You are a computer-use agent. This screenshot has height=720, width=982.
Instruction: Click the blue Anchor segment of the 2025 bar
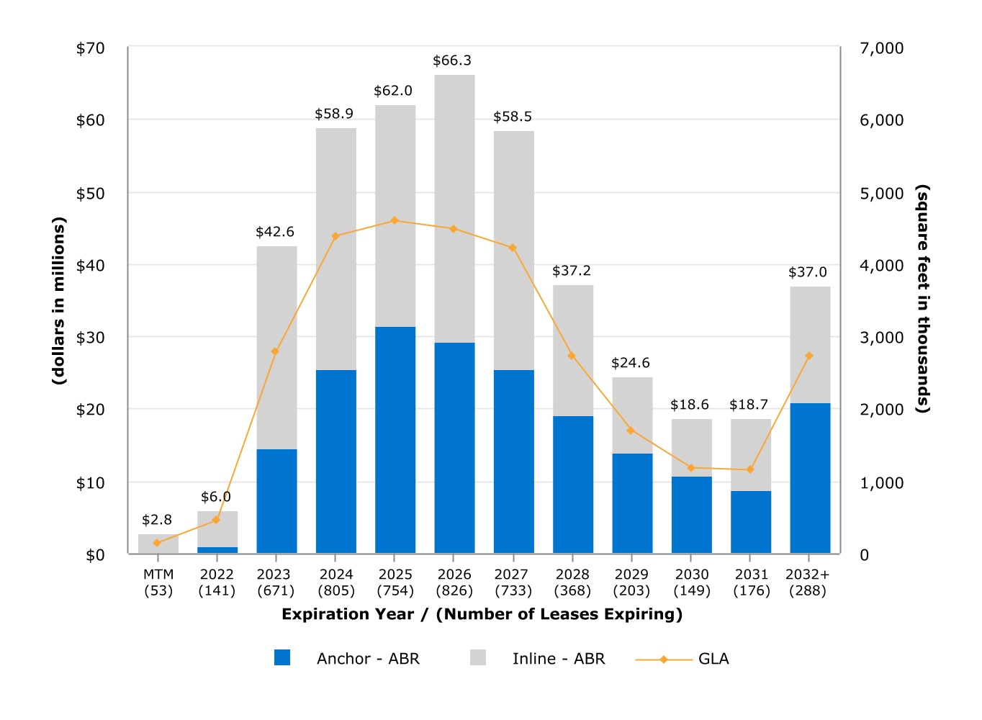[x=395, y=439]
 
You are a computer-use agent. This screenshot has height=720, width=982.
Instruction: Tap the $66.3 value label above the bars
[x=452, y=60]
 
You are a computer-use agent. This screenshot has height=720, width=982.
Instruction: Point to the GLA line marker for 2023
[x=275, y=351]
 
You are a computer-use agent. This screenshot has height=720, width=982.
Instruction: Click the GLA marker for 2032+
[x=809, y=356]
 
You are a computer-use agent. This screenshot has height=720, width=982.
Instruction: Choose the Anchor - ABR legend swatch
[x=282, y=657]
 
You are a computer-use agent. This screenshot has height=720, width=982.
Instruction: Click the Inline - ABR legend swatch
[x=478, y=657]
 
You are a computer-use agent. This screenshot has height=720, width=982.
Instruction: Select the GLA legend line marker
[x=664, y=659]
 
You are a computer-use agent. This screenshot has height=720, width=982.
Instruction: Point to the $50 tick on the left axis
[x=91, y=193]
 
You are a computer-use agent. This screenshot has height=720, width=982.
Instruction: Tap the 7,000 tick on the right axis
[x=881, y=48]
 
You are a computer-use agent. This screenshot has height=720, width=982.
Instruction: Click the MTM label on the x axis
[x=158, y=574]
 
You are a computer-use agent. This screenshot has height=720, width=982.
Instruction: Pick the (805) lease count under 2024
[x=336, y=590]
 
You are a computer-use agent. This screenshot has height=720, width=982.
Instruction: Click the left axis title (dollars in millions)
[x=58, y=300]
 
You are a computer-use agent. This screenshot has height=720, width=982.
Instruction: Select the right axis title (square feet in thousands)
[x=923, y=299]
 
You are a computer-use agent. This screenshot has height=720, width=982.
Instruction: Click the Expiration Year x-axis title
[x=482, y=614]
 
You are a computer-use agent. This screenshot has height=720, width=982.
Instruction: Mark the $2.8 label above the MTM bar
[x=157, y=520]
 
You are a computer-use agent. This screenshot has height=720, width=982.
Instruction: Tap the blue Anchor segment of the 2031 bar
[x=751, y=522]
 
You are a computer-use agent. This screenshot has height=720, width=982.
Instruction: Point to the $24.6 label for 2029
[x=631, y=363]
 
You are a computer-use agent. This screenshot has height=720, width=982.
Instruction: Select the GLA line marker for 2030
[x=691, y=468]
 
